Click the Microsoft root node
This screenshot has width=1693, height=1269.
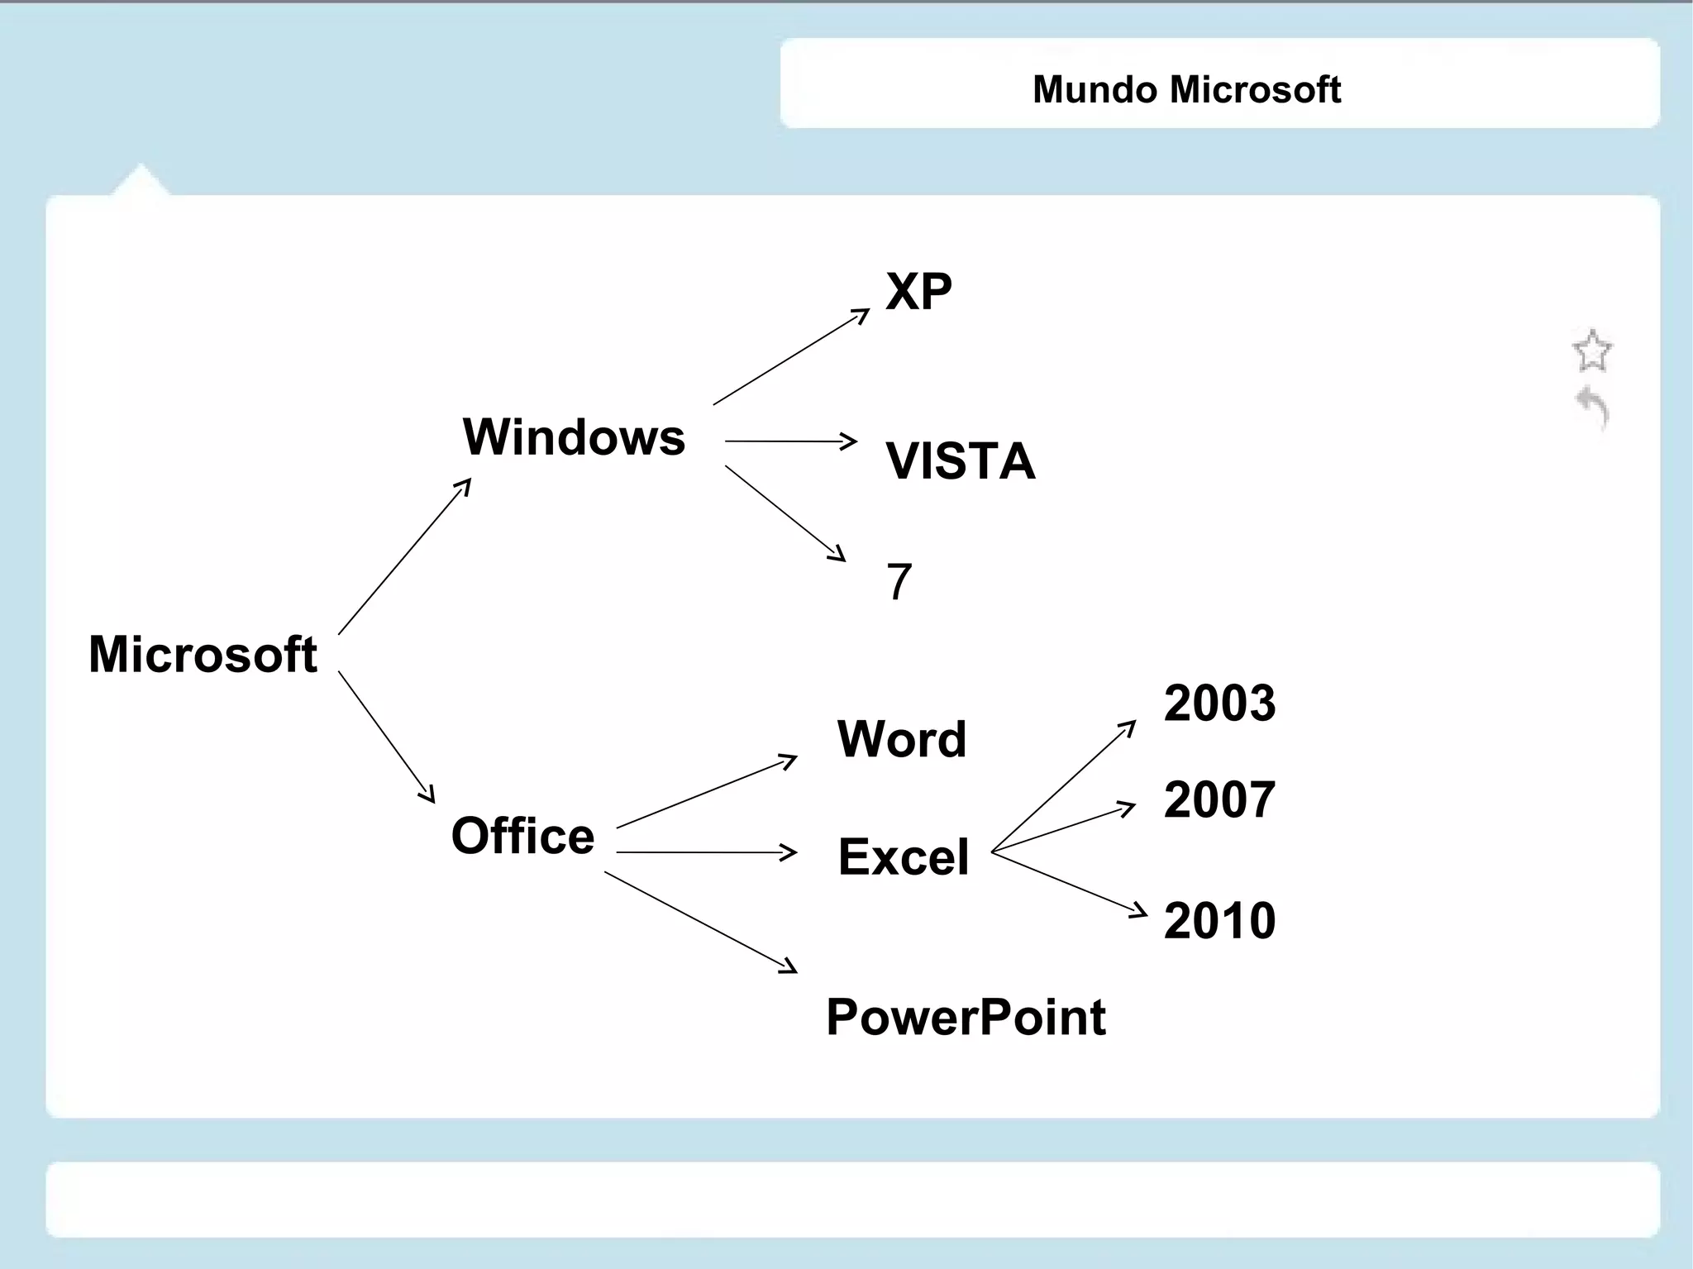click(x=203, y=654)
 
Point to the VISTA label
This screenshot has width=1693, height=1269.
click(x=960, y=460)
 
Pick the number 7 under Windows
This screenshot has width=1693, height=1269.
click(x=899, y=581)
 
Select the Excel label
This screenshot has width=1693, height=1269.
click(x=903, y=856)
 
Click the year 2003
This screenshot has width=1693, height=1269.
click(x=1219, y=703)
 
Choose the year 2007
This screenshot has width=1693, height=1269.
click(x=1219, y=799)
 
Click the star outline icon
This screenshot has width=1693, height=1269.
click(x=1591, y=351)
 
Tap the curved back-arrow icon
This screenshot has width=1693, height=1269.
click(x=1593, y=407)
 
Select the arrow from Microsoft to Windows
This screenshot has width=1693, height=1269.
click(x=404, y=556)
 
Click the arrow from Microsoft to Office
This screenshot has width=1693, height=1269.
click(x=386, y=736)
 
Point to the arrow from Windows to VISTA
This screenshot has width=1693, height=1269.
click(x=789, y=441)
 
